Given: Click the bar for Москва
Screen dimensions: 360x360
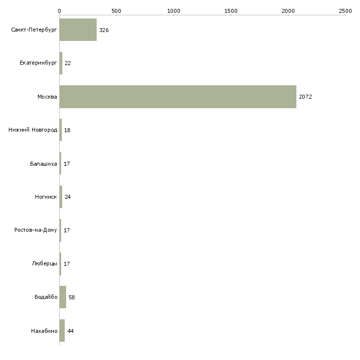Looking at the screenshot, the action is [178, 97].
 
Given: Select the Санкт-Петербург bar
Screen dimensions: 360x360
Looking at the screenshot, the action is [78, 30].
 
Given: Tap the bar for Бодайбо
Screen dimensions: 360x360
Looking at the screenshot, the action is [63, 297].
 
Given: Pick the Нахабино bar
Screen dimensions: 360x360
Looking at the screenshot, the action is [62, 330].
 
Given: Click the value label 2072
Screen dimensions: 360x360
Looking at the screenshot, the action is [305, 97].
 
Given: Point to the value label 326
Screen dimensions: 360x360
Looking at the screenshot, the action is [104, 30].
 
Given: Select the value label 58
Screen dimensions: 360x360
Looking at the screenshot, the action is [72, 297].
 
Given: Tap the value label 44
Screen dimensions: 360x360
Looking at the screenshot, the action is [71, 331].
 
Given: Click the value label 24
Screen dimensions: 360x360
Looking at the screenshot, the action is [68, 197].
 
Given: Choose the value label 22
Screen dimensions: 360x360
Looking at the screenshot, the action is [68, 63].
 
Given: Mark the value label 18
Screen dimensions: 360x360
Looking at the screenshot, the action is [67, 130].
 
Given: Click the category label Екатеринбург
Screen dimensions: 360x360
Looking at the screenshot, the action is [38, 63].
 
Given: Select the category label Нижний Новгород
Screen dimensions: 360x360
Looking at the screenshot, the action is [33, 130].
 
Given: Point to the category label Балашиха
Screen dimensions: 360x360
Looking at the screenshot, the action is [43, 164].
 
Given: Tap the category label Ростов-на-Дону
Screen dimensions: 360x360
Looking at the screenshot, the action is [36, 230].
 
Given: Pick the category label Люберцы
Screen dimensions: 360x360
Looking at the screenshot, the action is [44, 263].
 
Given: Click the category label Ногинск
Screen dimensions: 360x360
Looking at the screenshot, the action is [46, 197].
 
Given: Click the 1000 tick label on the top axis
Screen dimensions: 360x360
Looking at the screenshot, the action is [174, 11].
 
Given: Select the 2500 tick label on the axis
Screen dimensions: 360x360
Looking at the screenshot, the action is [345, 11].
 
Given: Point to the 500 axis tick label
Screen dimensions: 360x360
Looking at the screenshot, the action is [116, 11].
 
